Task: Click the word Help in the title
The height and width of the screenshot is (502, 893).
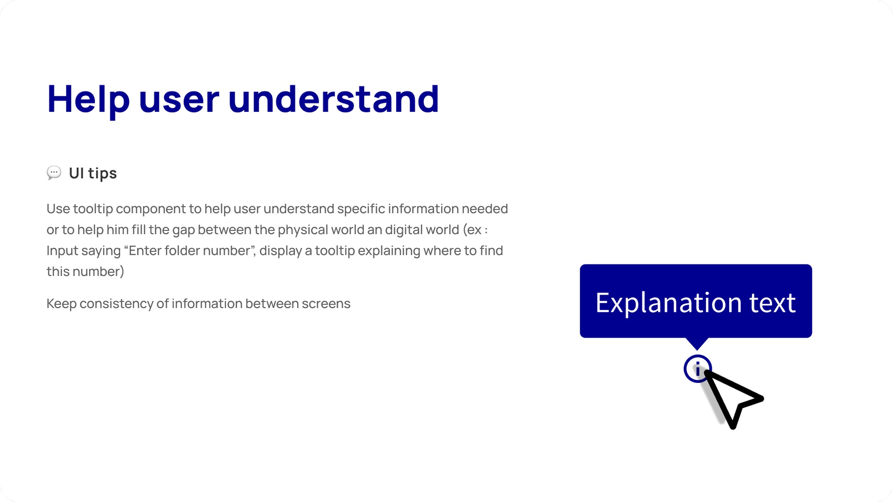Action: (x=88, y=99)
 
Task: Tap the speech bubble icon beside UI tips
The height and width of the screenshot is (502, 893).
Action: (x=54, y=172)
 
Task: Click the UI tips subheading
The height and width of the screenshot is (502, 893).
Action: (x=93, y=173)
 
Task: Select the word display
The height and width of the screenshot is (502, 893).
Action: (x=281, y=251)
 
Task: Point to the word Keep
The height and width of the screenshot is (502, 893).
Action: (x=61, y=304)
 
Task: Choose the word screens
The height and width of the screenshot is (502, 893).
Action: (x=326, y=304)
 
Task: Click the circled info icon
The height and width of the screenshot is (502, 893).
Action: (x=697, y=369)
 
